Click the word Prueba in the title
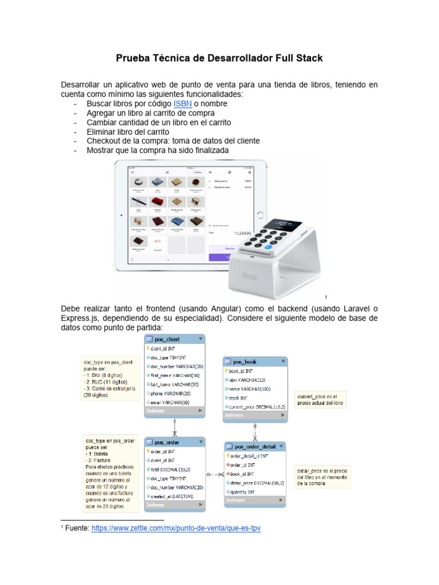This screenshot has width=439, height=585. (133, 58)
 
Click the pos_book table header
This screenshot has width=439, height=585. (245, 362)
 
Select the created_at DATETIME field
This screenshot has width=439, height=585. (173, 496)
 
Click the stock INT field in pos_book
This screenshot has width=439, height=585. (239, 398)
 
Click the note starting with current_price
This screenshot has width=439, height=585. (320, 399)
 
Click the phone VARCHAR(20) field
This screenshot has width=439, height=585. (170, 393)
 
